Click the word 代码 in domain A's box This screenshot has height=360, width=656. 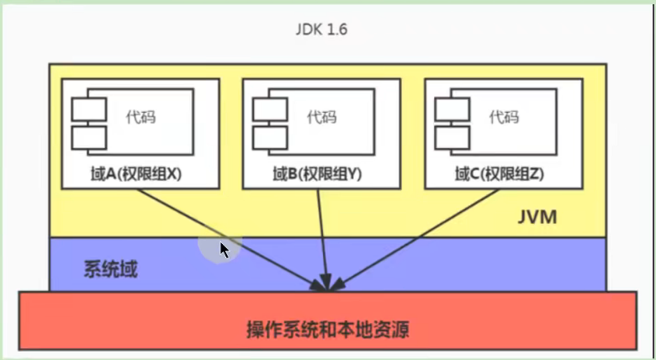click(x=140, y=116)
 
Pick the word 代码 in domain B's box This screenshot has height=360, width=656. click(x=321, y=116)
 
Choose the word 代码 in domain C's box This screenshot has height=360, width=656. click(x=504, y=116)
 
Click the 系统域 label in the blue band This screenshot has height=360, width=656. click(x=111, y=270)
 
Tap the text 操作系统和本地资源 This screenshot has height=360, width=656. click(x=328, y=326)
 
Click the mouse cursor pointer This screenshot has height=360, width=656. click(x=225, y=250)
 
